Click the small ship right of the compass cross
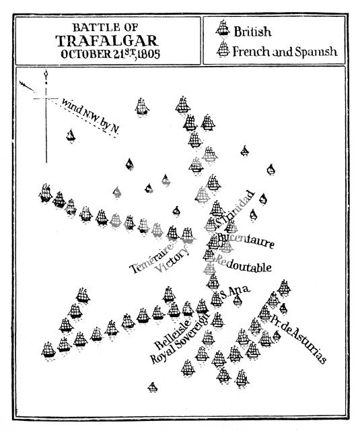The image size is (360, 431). coord(70,135)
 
